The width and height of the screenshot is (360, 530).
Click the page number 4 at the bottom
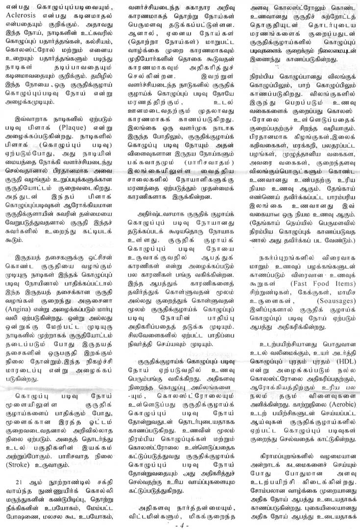(180, 524)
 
